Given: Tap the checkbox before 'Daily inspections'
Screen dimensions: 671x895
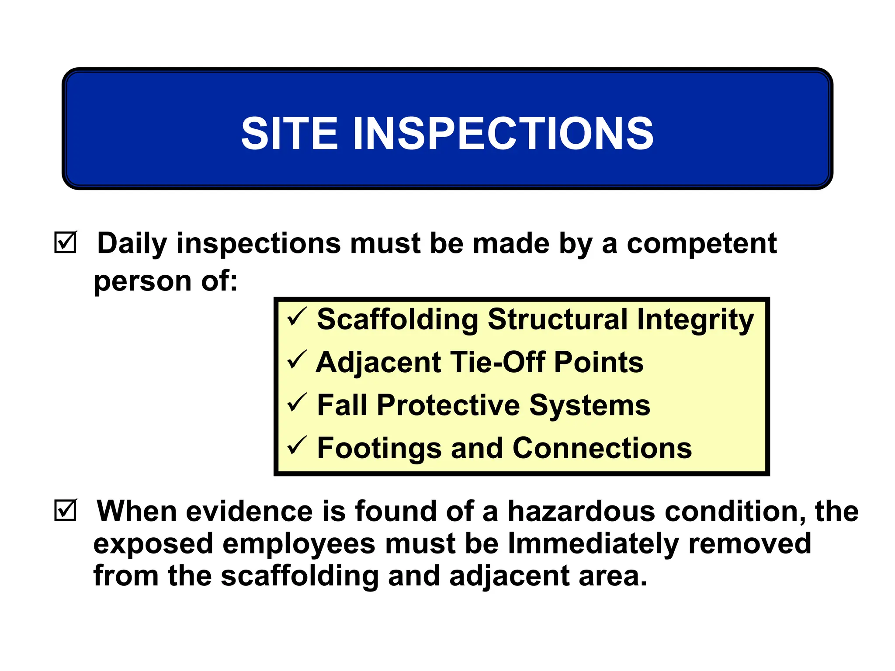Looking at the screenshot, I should tap(66, 242).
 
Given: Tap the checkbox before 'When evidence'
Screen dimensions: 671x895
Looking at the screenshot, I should tap(66, 510).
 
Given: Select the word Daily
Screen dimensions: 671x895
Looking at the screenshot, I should tap(132, 244).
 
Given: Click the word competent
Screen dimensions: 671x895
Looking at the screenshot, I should tap(702, 244).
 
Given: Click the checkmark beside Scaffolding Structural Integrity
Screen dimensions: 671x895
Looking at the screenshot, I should tap(297, 318).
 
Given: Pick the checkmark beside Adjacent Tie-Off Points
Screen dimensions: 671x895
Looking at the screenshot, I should tap(297, 360).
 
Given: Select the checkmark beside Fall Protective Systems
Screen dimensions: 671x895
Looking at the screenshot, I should tap(297, 403).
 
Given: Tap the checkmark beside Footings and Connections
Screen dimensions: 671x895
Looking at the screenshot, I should tap(297, 446).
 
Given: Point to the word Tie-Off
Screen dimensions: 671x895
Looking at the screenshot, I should tap(498, 362).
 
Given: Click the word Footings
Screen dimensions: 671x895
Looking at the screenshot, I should tap(379, 449).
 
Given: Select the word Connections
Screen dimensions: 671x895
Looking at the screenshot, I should tap(602, 448).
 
